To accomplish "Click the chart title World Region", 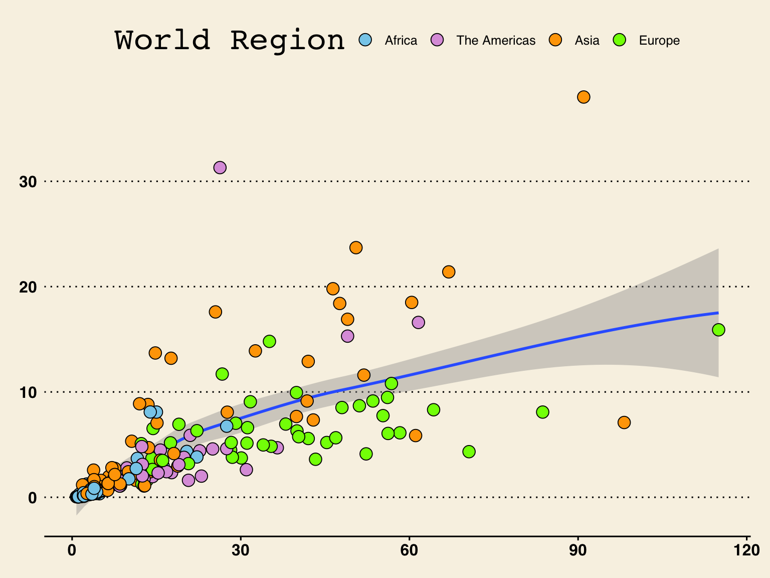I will coord(230,40).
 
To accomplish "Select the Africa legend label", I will coord(401,41).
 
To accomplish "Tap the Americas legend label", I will coord(495,41).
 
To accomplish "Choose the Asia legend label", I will coord(587,41).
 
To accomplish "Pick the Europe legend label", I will coord(659,41).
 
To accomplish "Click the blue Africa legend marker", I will coord(366,40).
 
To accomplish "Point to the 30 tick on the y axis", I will coord(28,182).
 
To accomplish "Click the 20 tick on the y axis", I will coord(28,287).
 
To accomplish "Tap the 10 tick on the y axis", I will coord(28,392).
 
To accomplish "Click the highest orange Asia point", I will coord(584,97).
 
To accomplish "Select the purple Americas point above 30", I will coord(220,168).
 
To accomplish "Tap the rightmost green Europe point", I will coord(718,330).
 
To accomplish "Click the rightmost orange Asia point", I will coord(624,422).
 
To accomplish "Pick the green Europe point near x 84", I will coord(542,412).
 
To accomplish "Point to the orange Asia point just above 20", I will coord(449,271).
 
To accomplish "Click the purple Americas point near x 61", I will coord(418,322).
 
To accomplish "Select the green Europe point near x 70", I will coord(469,452).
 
